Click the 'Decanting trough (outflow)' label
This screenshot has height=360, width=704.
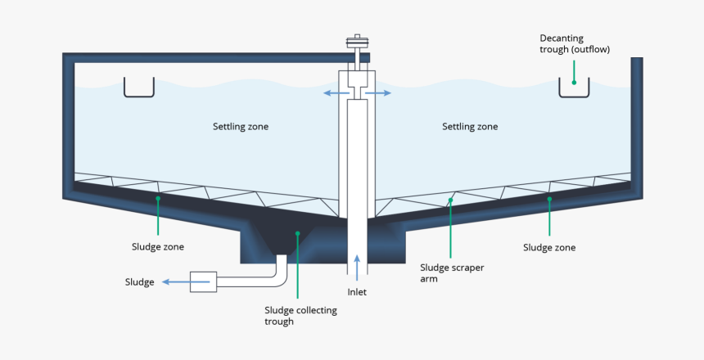pos(574,44)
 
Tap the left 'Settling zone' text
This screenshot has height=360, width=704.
pos(241,127)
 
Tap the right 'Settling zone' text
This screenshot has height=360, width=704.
pos(470,127)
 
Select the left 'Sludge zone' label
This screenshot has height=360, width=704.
pos(157,246)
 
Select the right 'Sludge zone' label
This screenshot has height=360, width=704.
pos(549,247)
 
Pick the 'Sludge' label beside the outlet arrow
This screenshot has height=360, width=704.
pos(139,282)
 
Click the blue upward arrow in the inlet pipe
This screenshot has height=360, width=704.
pos(357,264)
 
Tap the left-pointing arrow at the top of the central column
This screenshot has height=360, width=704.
pos(334,94)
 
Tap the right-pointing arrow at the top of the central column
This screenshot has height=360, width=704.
pos(379,94)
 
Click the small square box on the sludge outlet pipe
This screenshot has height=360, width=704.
pos(203,282)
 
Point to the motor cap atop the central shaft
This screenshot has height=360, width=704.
pos(357,42)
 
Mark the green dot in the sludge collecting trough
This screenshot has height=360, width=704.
pos(298,234)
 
